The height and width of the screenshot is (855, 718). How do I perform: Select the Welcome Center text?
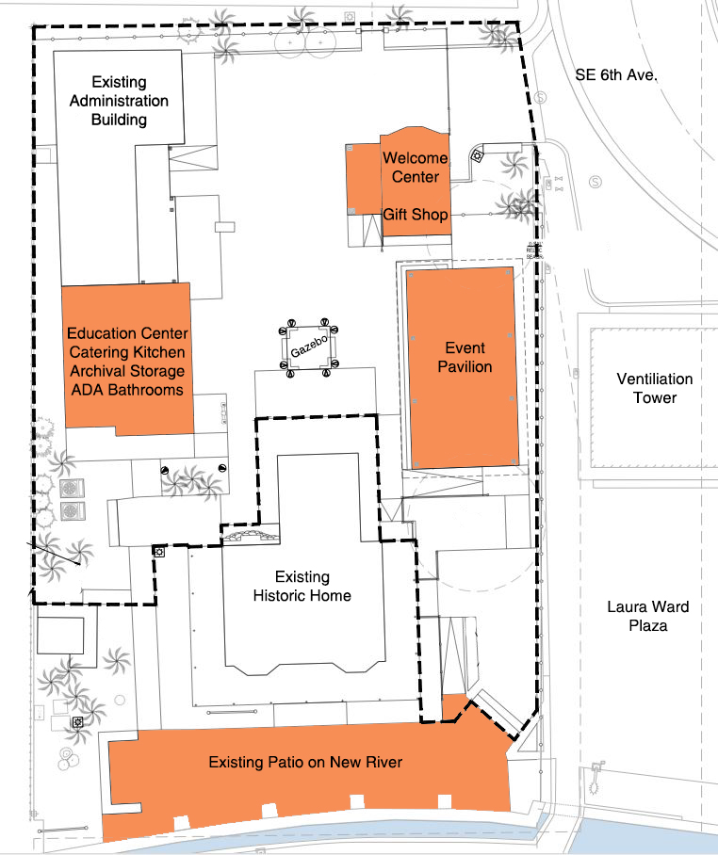click(416, 168)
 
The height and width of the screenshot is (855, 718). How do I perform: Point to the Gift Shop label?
click(416, 215)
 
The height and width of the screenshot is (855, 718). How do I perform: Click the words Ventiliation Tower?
click(655, 388)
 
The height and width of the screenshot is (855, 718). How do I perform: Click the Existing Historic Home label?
click(302, 586)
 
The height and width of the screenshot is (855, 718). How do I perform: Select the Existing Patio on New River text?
click(305, 762)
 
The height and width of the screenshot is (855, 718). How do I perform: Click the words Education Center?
click(127, 333)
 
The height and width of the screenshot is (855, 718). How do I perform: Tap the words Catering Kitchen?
click(127, 352)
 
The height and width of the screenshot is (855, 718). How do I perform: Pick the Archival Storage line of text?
click(127, 371)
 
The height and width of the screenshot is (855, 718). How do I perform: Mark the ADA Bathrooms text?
click(127, 389)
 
